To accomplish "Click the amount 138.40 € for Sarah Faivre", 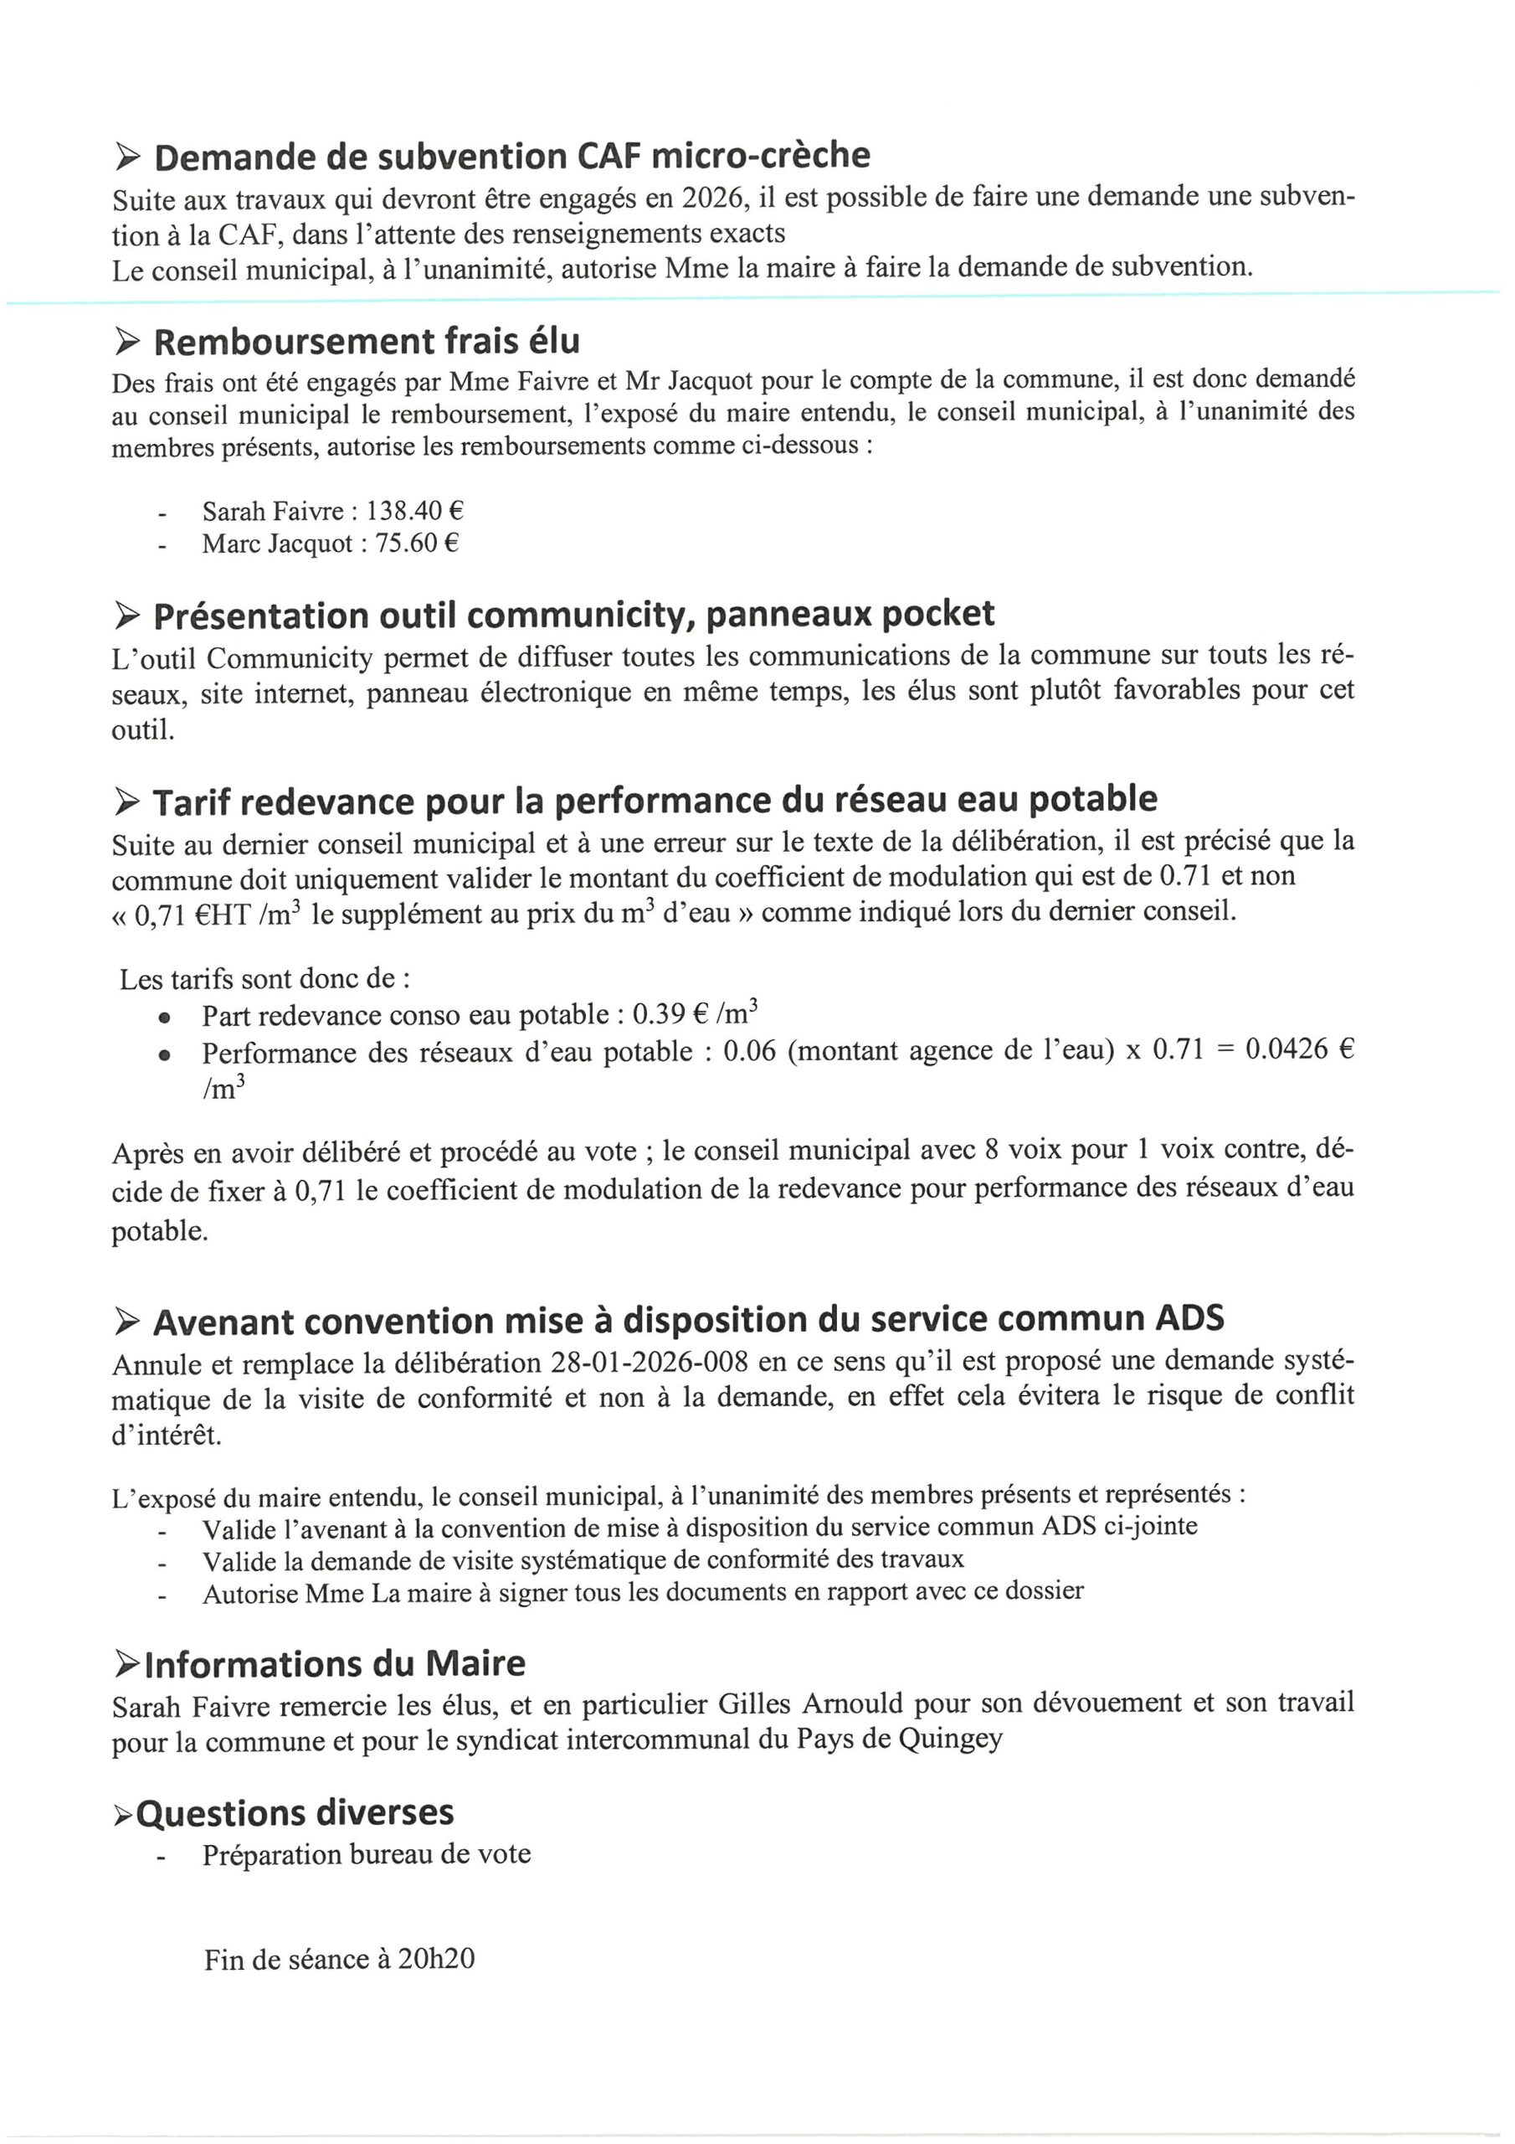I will tap(414, 511).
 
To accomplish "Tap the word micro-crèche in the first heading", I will tap(760, 155).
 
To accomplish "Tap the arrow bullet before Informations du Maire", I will tap(127, 1664).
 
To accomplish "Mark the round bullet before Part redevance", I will tap(164, 1017).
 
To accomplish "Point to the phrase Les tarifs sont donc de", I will tap(264, 979).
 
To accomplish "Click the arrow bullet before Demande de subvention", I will tap(127, 157).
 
